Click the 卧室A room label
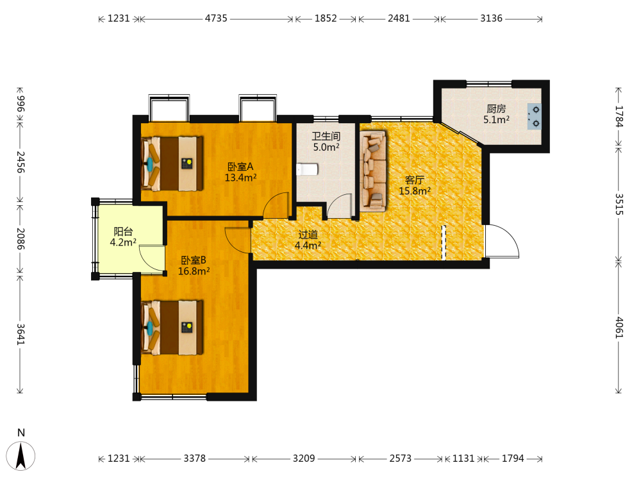pyautogui.click(x=240, y=167)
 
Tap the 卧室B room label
pyautogui.click(x=194, y=260)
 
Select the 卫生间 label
pyautogui.click(x=326, y=136)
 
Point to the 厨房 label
pyautogui.click(x=496, y=109)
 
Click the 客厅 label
pyautogui.click(x=415, y=180)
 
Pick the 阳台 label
pyautogui.click(x=123, y=232)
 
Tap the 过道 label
pyautogui.click(x=308, y=234)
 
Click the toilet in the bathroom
pyautogui.click(x=307, y=169)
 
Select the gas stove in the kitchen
pyautogui.click(x=535, y=117)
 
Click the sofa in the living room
pyautogui.click(x=373, y=171)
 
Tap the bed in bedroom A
pyautogui.click(x=172, y=164)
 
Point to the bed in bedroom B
pyautogui.click(x=172, y=328)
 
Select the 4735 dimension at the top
pyautogui.click(x=216, y=19)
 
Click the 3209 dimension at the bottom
pyautogui.click(x=304, y=459)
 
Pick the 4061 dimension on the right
pyautogui.click(x=619, y=328)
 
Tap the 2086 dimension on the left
pyautogui.click(x=21, y=239)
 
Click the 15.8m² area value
pyautogui.click(x=415, y=191)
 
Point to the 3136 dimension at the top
pyautogui.click(x=492, y=19)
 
